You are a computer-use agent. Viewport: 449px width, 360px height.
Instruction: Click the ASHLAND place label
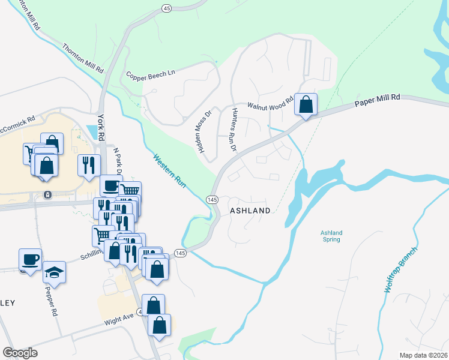click(x=250, y=211)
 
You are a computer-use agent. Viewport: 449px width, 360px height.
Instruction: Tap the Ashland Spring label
click(x=331, y=236)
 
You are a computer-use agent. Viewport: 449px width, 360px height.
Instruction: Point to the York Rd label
click(x=101, y=127)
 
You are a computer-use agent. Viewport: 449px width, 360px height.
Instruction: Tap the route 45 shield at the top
click(x=166, y=8)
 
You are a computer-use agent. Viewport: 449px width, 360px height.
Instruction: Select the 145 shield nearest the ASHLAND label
click(x=212, y=199)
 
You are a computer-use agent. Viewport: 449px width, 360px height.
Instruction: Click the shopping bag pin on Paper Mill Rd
click(x=306, y=104)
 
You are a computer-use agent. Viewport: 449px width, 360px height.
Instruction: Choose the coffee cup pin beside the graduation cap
click(x=30, y=259)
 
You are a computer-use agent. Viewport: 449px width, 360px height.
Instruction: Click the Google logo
click(x=20, y=353)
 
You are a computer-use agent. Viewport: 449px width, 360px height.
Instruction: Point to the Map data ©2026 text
click(x=423, y=355)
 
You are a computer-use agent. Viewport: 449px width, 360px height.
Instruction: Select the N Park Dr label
click(x=118, y=162)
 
